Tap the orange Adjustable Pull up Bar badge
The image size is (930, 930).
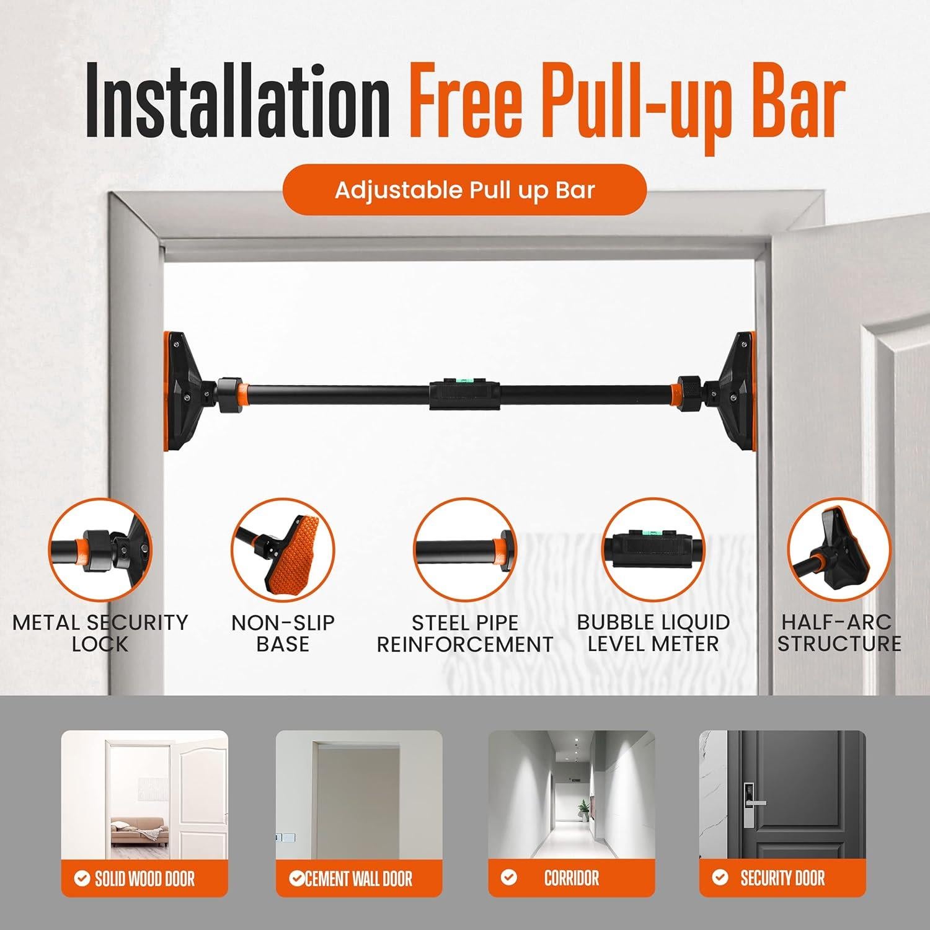tap(464, 190)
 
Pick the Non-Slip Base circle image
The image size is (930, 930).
tap(283, 549)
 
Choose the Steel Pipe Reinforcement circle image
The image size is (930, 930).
tap(465, 549)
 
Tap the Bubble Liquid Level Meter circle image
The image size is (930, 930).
tap(653, 549)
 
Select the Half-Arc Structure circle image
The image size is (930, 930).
tap(839, 549)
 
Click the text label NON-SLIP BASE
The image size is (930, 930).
tap(283, 633)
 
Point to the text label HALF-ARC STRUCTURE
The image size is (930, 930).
tap(839, 633)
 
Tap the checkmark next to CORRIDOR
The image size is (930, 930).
tap(509, 877)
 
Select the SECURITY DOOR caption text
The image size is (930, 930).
tap(782, 878)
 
